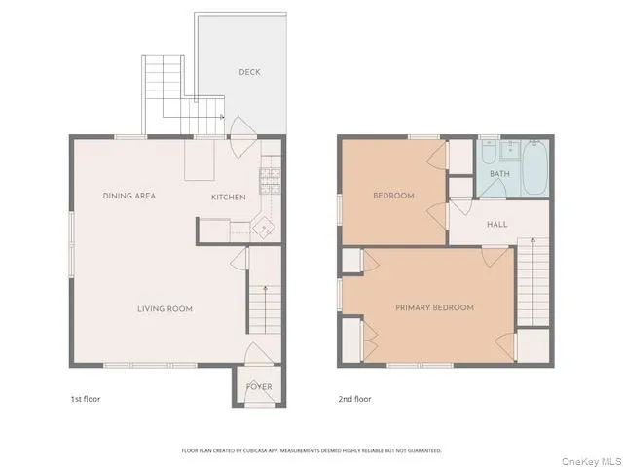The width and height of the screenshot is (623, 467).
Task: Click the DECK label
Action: point(249,72)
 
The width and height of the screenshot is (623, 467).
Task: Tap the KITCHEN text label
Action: point(229,198)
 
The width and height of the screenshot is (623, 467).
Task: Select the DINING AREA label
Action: point(129,196)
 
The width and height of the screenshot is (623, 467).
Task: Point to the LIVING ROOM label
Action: point(165,309)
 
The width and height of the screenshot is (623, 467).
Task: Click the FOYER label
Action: point(259,387)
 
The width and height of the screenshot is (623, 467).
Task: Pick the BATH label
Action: point(499,174)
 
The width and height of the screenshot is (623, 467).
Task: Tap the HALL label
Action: point(497,225)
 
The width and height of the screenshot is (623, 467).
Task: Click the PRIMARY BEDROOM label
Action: point(434,307)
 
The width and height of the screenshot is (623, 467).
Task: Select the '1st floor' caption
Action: point(85,399)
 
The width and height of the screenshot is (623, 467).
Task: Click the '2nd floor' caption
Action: point(354,399)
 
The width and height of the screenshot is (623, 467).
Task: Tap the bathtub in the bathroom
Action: point(534,167)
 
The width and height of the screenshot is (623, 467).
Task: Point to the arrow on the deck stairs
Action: point(222,117)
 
